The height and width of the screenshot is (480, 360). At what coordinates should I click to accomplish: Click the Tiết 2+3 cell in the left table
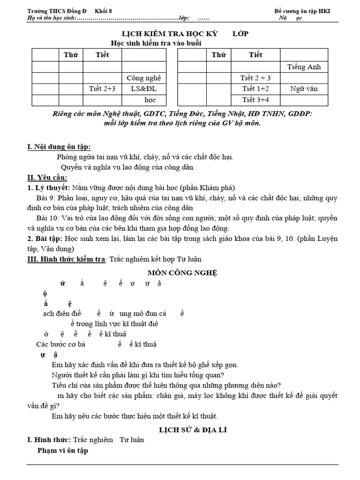pyautogui.click(x=102, y=88)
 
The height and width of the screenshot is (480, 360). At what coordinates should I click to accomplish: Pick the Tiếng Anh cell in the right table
pyautogui.click(x=304, y=67)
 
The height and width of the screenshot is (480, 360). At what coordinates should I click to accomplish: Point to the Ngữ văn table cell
pyautogui.click(x=304, y=88)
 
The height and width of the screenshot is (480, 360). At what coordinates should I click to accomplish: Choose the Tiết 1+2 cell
pyautogui.click(x=255, y=88)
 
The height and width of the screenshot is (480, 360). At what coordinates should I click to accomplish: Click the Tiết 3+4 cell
pyautogui.click(x=255, y=99)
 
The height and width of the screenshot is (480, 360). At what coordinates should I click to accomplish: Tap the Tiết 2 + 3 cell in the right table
pyautogui.click(x=255, y=77)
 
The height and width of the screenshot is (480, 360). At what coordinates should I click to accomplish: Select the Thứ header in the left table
pyautogui.click(x=71, y=55)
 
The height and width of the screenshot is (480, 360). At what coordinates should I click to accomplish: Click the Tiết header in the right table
pyautogui.click(x=255, y=55)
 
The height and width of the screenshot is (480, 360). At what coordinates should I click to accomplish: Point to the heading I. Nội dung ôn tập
pyautogui.click(x=59, y=147)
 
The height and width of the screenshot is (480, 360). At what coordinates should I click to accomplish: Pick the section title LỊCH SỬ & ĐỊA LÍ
pyautogui.click(x=186, y=429)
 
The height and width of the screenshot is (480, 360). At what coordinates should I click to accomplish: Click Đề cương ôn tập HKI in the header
pyautogui.click(x=302, y=11)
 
